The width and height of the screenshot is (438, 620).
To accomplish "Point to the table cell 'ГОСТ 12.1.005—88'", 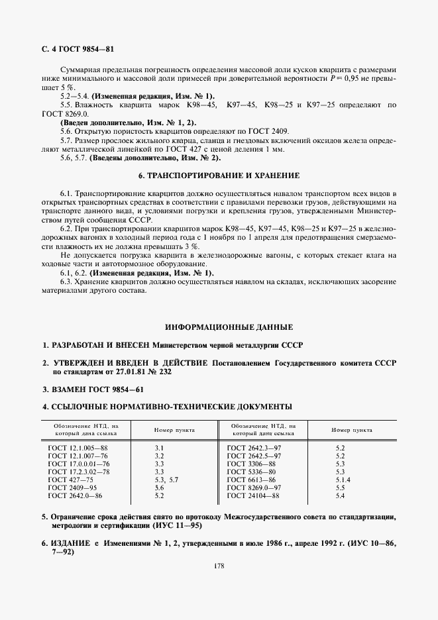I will tap(78, 448).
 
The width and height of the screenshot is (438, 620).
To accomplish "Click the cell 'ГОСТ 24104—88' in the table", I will tap(252, 495).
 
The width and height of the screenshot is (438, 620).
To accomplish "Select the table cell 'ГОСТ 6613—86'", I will tap(251, 479).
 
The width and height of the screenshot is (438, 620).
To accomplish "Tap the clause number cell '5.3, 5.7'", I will tap(166, 479).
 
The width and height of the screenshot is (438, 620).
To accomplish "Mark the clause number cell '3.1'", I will tap(159, 448).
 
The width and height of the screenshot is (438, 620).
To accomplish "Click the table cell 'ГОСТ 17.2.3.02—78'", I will tap(80, 472).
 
